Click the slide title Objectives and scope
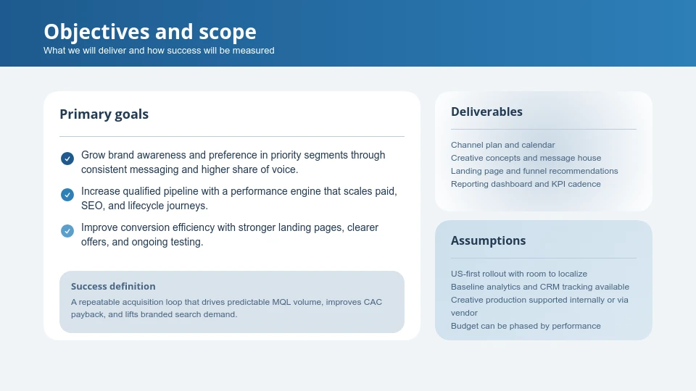click(x=149, y=32)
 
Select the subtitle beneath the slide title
click(x=159, y=51)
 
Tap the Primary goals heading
click(x=104, y=114)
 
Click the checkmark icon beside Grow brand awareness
click(x=67, y=159)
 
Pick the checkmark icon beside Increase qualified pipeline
click(x=67, y=195)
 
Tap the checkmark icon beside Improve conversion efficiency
click(x=67, y=231)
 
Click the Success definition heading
click(x=113, y=286)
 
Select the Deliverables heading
click(x=486, y=112)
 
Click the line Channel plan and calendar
click(x=502, y=145)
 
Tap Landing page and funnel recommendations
click(x=534, y=171)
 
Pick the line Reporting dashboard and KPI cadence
click(x=526, y=184)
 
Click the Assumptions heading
click(x=488, y=240)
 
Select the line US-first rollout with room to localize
click(x=518, y=274)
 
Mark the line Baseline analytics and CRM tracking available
click(x=539, y=287)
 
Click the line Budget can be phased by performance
click(x=526, y=326)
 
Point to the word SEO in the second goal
click(x=93, y=206)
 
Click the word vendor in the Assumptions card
click(x=464, y=313)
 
